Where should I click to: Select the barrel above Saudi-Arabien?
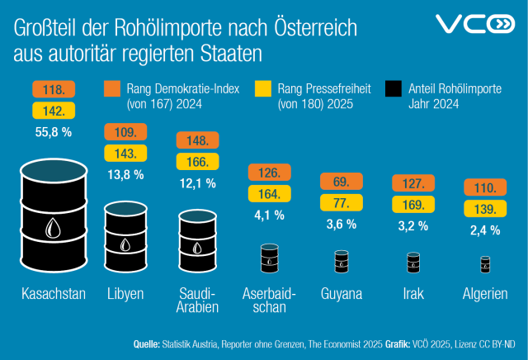pyautogui.click(x=198, y=240)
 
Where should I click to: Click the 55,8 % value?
pyautogui.click(x=53, y=131)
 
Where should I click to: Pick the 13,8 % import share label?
pyautogui.click(x=125, y=174)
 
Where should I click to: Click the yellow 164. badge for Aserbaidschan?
pyautogui.click(x=268, y=195)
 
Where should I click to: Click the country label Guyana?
pyautogui.click(x=341, y=294)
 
